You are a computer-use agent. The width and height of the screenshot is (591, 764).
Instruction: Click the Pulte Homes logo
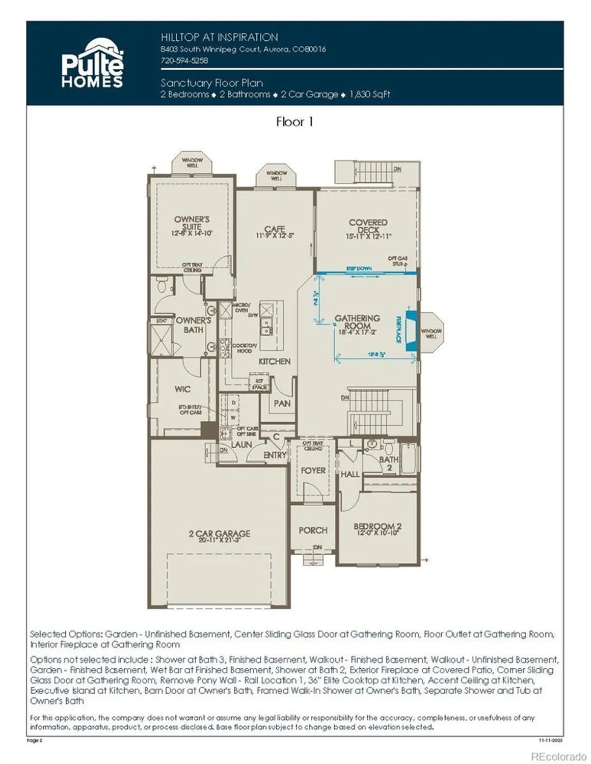tap(92, 64)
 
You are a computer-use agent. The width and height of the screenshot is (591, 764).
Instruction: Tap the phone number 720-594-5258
tap(184, 60)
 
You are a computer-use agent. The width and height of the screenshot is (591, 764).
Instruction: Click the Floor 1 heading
tap(294, 122)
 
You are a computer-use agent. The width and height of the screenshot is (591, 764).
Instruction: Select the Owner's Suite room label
tap(192, 223)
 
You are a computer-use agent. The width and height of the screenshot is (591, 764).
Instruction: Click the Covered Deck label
tap(368, 226)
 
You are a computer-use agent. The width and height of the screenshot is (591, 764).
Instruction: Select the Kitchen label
tap(275, 361)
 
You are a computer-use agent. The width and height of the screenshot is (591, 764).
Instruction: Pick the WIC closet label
tap(182, 389)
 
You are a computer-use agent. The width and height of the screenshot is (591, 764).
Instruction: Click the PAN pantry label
tap(282, 403)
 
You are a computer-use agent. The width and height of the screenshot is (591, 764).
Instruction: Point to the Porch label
tap(313, 530)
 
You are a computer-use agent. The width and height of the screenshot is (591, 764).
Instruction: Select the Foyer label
tap(313, 471)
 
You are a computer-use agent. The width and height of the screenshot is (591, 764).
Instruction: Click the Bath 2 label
tap(389, 463)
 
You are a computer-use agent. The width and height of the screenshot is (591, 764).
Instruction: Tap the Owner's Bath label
tap(193, 325)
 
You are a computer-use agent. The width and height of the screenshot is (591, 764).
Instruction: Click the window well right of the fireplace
tap(431, 334)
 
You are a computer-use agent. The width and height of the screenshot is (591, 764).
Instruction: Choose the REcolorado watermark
tap(558, 756)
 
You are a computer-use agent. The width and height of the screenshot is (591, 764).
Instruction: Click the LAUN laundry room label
tap(241, 444)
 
